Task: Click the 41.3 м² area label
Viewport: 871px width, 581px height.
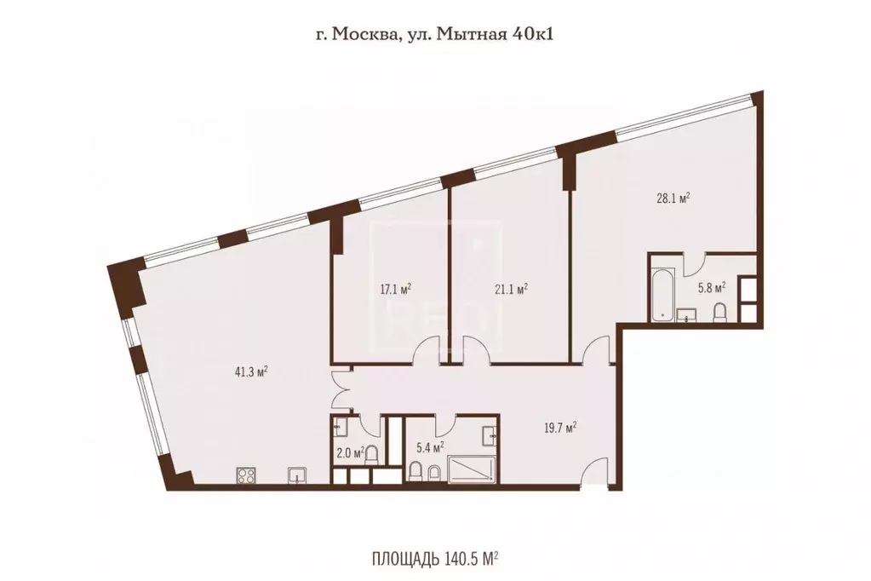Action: [253, 371]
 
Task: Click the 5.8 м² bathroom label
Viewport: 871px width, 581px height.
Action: [711, 288]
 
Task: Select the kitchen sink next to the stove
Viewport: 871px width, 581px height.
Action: [297, 474]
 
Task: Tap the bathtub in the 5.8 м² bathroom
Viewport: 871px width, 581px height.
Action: [662, 296]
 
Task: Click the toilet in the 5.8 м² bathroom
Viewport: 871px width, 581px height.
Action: [719, 313]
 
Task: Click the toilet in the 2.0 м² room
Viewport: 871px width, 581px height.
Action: [370, 452]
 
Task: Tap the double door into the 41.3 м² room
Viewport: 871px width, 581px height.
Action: [341, 387]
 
